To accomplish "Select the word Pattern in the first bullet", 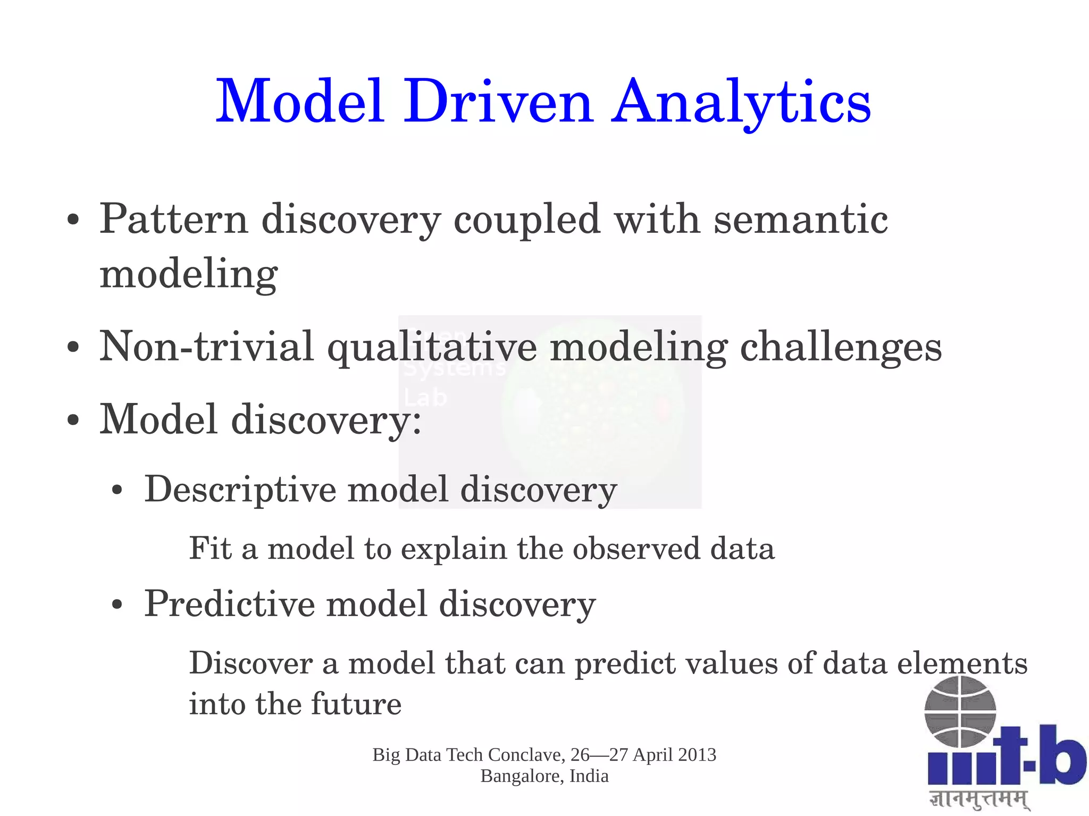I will click(x=174, y=219).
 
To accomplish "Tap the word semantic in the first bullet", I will click(x=800, y=219).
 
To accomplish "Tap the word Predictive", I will click(x=230, y=604).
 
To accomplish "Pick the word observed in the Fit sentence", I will click(x=636, y=549).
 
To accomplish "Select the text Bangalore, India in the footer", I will click(x=544, y=776).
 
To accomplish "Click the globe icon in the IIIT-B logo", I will click(x=959, y=711).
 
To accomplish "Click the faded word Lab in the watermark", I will click(x=425, y=398).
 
